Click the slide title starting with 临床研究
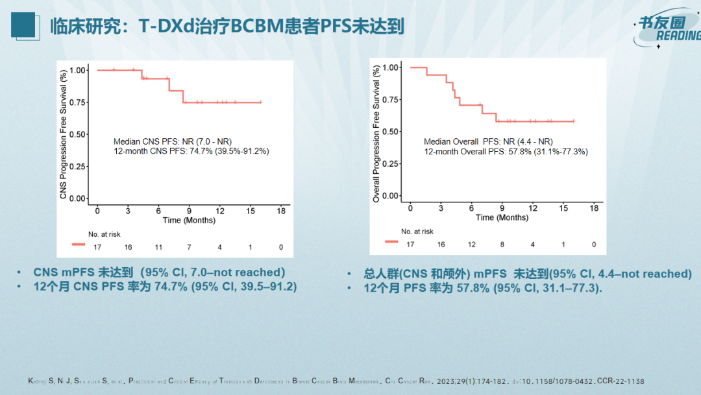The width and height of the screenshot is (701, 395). click(227, 27)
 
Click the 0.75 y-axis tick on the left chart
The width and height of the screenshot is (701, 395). click(77, 102)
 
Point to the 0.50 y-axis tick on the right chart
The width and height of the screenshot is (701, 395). click(389, 132)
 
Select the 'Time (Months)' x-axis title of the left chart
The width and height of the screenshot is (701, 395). click(189, 220)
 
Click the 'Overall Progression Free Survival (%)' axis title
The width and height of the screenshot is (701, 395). click(376, 134)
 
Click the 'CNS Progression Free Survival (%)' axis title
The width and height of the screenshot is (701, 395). click(63, 134)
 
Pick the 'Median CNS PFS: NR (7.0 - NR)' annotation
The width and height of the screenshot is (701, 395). click(173, 141)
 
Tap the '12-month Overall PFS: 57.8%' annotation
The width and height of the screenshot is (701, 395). click(506, 151)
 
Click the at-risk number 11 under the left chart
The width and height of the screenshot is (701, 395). click(158, 247)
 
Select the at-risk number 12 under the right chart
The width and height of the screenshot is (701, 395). click(472, 245)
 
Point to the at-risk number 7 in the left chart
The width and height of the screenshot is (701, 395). click(189, 247)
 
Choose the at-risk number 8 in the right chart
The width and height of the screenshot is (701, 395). click(502, 245)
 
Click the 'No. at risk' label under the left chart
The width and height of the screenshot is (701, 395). click(105, 233)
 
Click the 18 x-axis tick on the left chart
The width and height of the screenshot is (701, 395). click(281, 211)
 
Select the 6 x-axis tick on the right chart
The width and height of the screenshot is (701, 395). click(472, 208)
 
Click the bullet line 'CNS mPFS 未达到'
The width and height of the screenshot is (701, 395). click(159, 272)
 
